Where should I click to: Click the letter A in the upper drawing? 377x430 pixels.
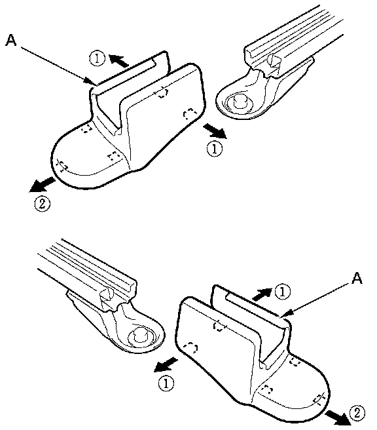[11, 41]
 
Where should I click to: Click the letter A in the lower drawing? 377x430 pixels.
[357, 278]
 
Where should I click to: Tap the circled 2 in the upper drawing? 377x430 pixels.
[42, 204]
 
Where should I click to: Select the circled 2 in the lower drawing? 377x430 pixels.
[357, 413]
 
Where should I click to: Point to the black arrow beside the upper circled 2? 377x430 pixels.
[42, 184]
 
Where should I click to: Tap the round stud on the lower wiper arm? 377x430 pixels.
[140, 334]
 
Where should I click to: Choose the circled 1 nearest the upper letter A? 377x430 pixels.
[97, 59]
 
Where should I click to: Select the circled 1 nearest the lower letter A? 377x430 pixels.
[282, 292]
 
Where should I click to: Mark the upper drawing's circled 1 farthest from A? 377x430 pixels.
[215, 149]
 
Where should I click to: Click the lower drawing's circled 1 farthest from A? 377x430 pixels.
[166, 383]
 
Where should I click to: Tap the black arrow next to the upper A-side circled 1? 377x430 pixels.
[119, 60]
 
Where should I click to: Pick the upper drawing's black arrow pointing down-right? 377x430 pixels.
[215, 131]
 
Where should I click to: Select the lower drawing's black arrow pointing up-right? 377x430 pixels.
[261, 294]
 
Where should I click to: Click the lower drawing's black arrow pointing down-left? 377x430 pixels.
[166, 364]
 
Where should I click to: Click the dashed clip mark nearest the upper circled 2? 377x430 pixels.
[62, 166]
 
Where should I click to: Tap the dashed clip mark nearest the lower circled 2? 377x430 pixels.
[318, 399]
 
